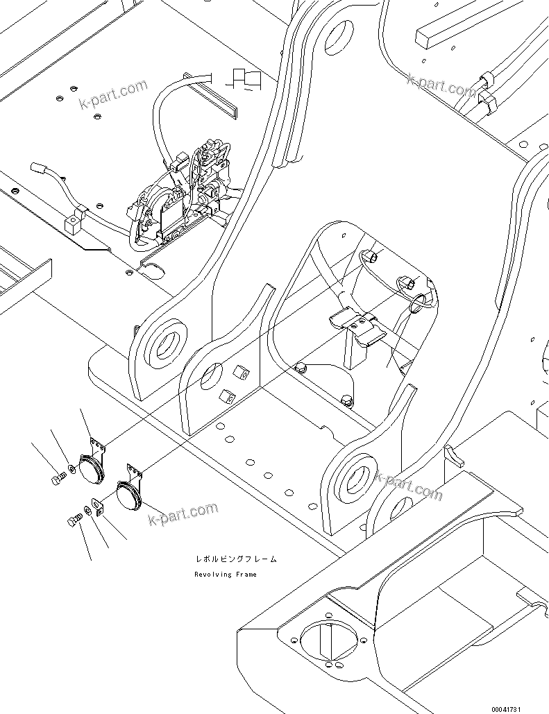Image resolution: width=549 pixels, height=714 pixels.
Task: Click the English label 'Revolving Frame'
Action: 226,575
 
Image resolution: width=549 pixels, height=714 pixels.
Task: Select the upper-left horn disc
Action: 90,469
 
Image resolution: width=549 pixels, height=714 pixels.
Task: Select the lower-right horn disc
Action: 130,498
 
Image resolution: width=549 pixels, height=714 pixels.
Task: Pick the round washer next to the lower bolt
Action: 85,511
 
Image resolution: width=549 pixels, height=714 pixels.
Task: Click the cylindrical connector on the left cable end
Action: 39,169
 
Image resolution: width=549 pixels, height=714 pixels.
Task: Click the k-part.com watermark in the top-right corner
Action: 442,87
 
